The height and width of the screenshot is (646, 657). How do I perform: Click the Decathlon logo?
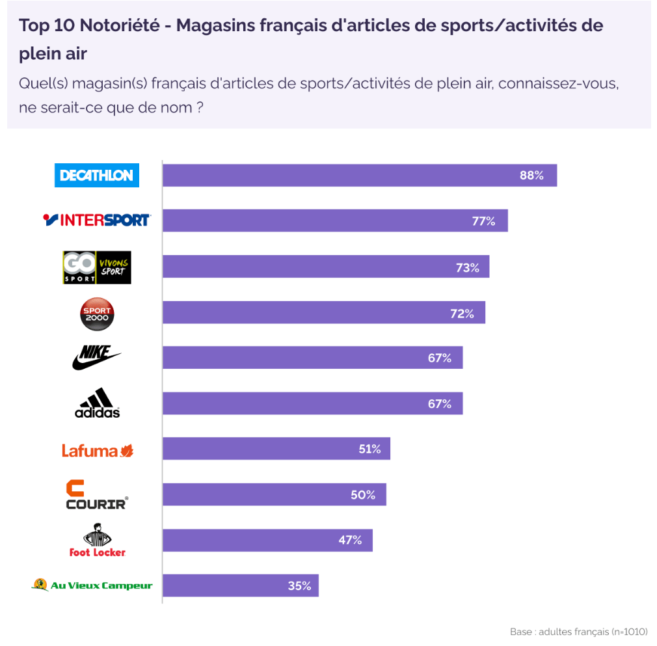tap(96, 175)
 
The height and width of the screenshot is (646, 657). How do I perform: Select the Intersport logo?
tap(96, 221)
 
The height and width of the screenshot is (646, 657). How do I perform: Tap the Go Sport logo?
tap(96, 267)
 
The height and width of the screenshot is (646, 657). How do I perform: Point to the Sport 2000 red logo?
tap(96, 314)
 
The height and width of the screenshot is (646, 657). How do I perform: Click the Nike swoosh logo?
tap(96, 357)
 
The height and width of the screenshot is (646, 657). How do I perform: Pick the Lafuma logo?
tap(98, 450)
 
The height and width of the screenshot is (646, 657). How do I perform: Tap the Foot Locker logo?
tap(97, 540)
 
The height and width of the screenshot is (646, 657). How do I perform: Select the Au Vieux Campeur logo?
tap(92, 585)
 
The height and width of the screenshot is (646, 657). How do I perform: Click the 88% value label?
tap(531, 176)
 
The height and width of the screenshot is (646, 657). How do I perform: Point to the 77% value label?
tap(483, 221)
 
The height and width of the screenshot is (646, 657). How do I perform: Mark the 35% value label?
tap(299, 585)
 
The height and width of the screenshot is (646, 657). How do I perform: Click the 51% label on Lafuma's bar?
tap(369, 449)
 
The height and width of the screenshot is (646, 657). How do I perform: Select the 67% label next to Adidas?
tap(439, 403)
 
